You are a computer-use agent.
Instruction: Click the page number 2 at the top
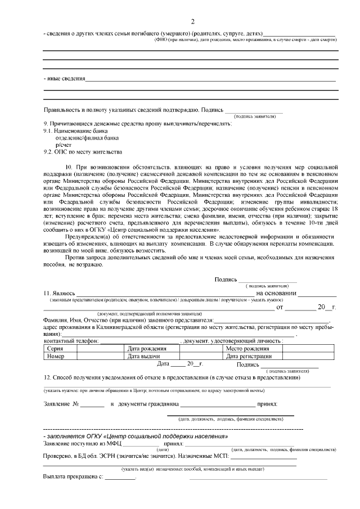coord(192,22)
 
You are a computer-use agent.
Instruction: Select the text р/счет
coord(63,145)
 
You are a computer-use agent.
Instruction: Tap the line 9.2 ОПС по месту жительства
coord(82,152)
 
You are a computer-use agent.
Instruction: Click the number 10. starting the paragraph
coord(70,167)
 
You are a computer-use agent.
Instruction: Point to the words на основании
coord(276,293)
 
